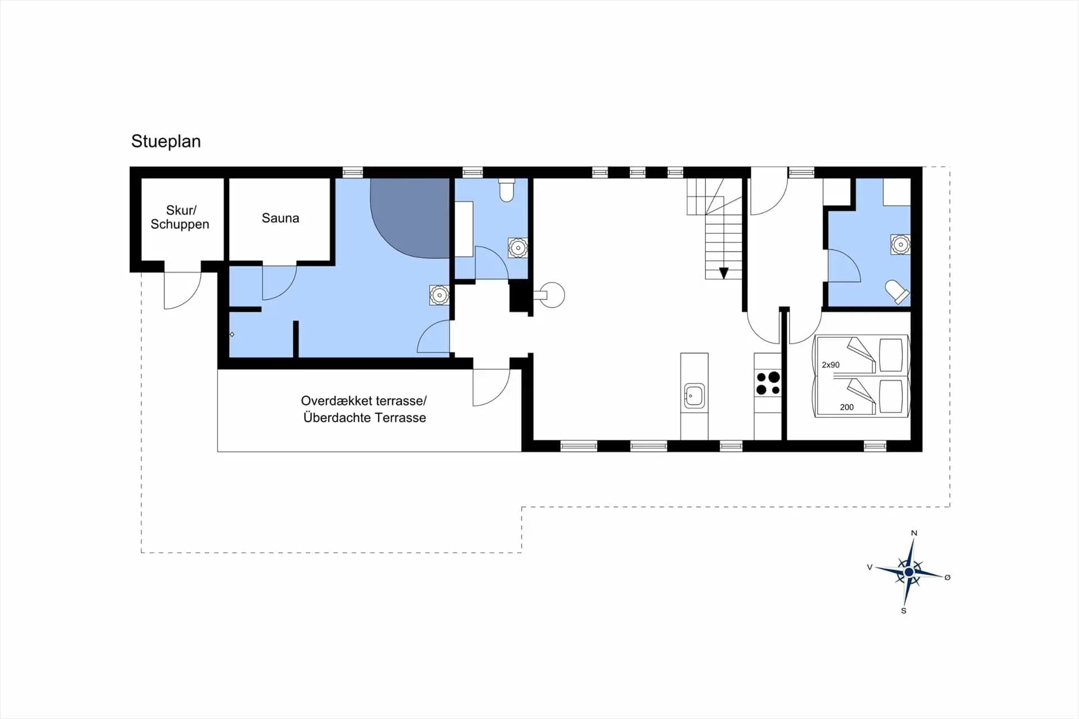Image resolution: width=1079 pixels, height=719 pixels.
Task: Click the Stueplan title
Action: click(x=166, y=141)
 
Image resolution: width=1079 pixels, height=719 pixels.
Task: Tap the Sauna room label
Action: click(x=280, y=218)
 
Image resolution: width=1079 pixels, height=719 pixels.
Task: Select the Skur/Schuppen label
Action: click(x=180, y=217)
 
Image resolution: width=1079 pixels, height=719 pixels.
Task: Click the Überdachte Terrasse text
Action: click(x=365, y=418)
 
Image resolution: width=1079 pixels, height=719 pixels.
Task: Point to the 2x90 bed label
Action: click(x=831, y=365)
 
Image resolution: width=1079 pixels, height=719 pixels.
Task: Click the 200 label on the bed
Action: click(x=847, y=407)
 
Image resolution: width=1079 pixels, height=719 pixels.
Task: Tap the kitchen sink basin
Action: click(x=695, y=396)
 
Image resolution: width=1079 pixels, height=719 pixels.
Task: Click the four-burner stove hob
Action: click(x=768, y=383)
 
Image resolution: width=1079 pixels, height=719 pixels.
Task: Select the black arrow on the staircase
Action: click(x=724, y=273)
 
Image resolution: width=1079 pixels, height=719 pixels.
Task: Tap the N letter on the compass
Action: click(x=914, y=533)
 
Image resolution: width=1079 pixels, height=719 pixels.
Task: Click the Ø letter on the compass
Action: click(x=947, y=577)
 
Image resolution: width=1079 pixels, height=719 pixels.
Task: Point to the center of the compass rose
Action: click(x=909, y=572)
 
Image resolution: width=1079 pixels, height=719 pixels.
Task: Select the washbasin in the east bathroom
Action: click(x=900, y=245)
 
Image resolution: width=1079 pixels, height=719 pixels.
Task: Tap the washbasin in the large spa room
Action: click(x=439, y=295)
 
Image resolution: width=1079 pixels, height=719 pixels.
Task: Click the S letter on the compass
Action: click(x=904, y=611)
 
